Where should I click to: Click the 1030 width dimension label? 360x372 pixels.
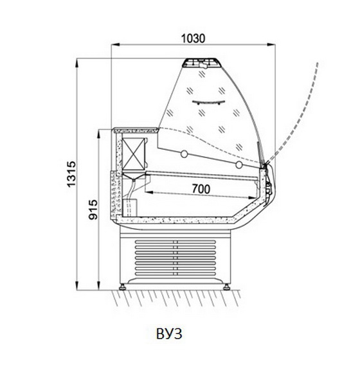point(193,39)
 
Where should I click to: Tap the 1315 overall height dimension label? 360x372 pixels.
point(71,174)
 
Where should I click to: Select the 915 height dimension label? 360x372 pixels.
point(93,209)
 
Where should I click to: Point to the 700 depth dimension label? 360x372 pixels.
point(201,189)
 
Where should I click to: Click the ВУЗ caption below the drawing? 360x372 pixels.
point(169,333)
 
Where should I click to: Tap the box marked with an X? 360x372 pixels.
point(133,154)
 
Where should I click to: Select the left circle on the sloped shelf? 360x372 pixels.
point(184,154)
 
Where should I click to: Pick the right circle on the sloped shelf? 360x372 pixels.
point(239,164)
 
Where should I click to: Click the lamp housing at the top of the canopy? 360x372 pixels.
point(201,62)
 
